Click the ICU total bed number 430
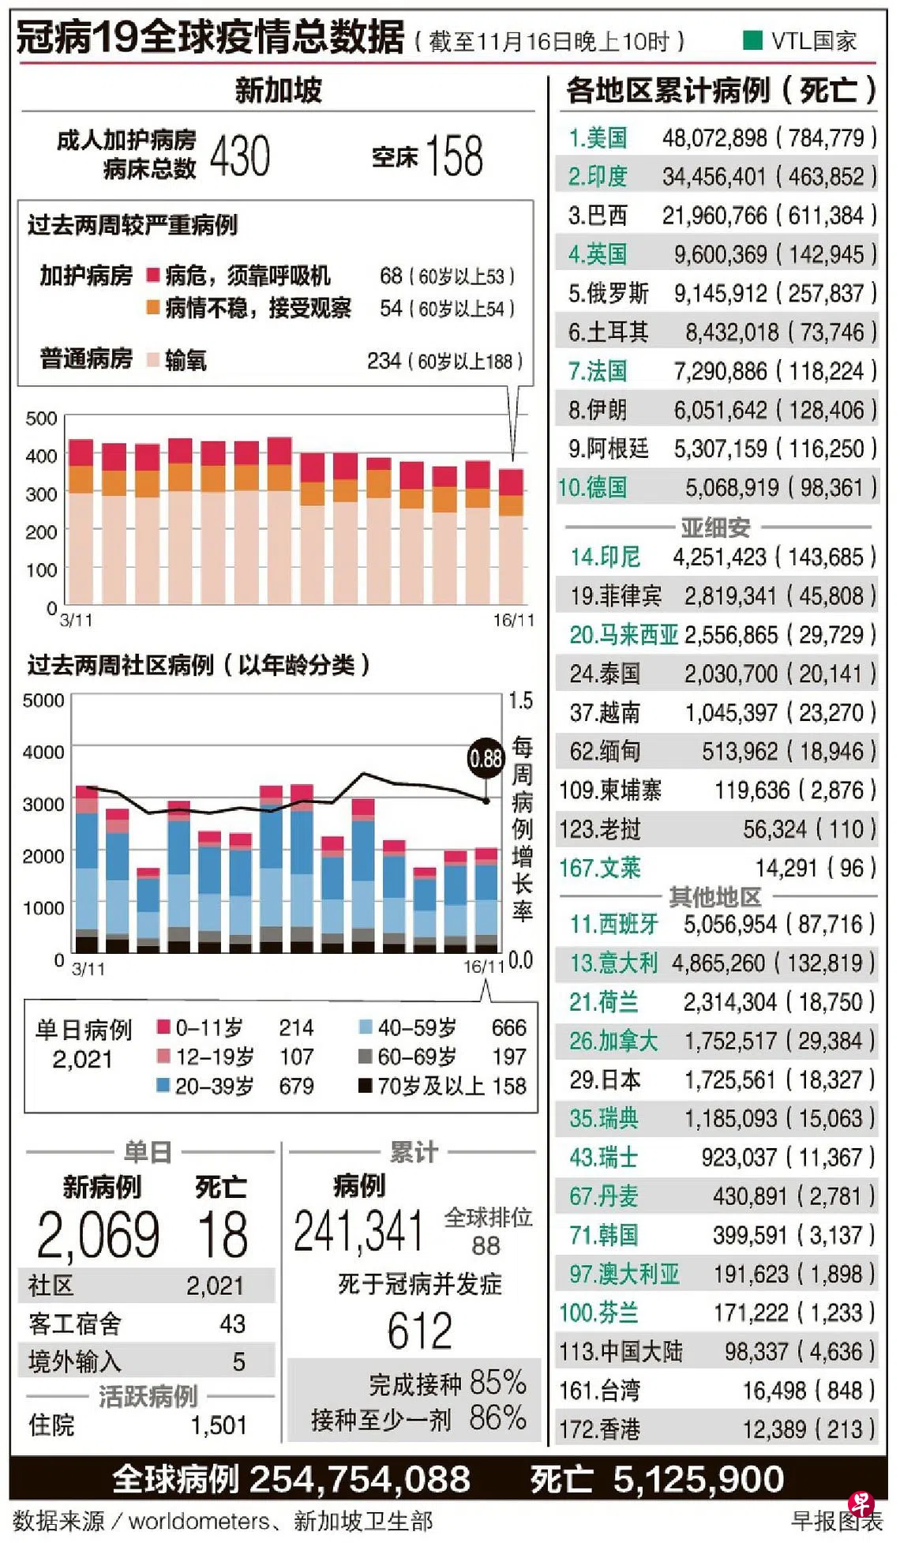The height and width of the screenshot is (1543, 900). point(240,156)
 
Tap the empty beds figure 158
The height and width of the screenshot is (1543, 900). point(454,156)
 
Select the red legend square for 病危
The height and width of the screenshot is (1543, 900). point(153,276)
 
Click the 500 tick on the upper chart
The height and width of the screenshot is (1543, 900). point(41,419)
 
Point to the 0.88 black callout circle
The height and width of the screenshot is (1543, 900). point(485,759)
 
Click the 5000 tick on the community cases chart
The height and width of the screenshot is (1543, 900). point(43,700)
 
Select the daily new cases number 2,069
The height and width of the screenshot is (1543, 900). point(99,1235)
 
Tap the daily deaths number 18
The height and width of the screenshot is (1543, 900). point(223,1235)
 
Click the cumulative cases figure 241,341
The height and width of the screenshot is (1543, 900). point(359,1231)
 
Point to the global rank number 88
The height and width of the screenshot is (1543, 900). point(486,1245)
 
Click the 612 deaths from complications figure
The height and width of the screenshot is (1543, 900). point(419,1331)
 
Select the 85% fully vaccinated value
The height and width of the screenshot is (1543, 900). point(497,1383)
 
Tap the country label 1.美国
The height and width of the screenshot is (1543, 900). point(598,138)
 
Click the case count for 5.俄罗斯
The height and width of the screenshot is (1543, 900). point(720,294)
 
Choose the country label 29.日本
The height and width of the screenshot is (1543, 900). point(605,1079)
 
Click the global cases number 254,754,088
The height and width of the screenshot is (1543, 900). point(359,1479)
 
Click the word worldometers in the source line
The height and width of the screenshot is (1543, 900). point(199,1521)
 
